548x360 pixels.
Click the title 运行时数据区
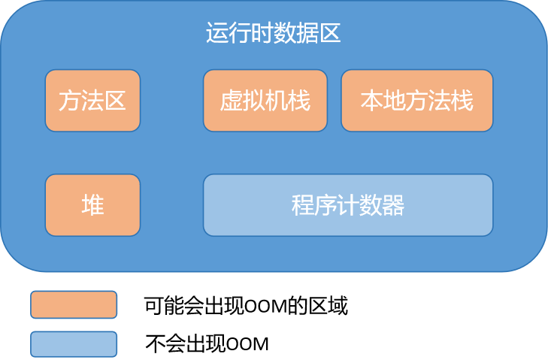coord(273,34)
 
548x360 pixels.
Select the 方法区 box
coord(92,101)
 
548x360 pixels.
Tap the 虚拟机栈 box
coord(265,101)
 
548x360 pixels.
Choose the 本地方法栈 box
coord(417,101)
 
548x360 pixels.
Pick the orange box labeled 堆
coord(92,205)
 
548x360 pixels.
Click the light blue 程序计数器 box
coord(348,205)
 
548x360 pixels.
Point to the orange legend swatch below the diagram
coord(74,304)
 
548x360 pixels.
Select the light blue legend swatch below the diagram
coord(74,344)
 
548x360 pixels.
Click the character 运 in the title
coord(216,34)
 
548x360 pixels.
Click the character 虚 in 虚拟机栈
coord(231,101)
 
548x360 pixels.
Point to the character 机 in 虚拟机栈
coord(276,101)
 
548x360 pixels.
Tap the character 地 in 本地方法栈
coord(395,101)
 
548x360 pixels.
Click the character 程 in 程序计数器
coord(303,205)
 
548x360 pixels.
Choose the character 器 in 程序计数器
coord(393,205)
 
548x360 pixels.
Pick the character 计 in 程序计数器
coord(348,205)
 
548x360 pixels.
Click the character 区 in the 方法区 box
coord(115,101)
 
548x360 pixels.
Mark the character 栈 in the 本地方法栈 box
coord(462,101)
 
